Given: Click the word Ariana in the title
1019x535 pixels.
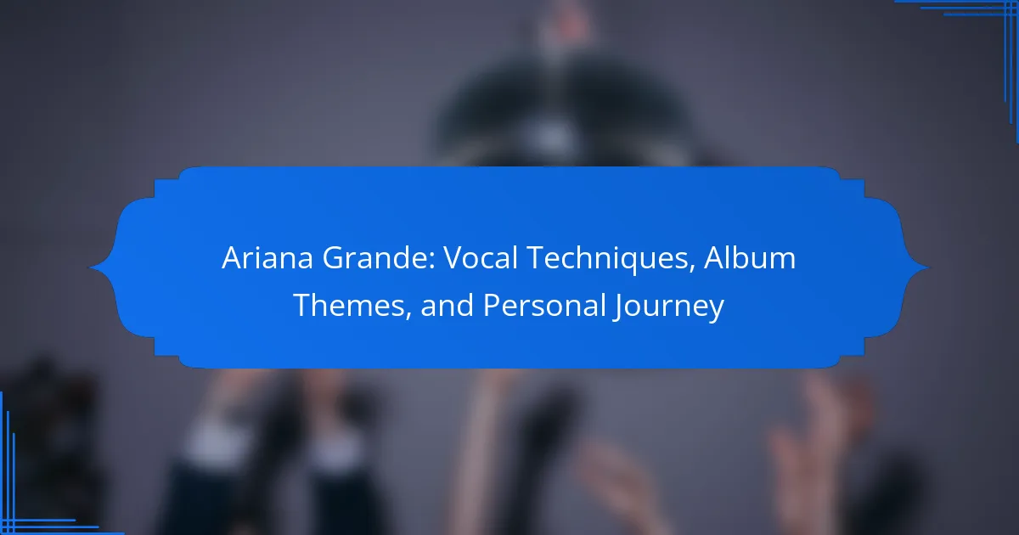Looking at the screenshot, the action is point(267,258).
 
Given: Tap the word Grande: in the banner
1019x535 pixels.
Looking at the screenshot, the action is point(380,258).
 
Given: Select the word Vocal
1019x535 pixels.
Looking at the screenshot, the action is point(481,258).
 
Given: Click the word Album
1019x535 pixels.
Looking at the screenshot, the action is point(750,258).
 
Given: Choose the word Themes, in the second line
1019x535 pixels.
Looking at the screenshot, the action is point(352,306).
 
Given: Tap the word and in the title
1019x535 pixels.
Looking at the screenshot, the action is point(448,305).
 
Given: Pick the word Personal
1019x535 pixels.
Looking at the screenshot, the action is point(543,305).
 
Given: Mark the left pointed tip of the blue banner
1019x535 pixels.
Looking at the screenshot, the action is point(90,267).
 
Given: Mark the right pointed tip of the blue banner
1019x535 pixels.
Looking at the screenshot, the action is point(928,267).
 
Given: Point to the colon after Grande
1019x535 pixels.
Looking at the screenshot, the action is point(432,262).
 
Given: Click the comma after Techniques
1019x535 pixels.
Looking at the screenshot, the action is point(692,269).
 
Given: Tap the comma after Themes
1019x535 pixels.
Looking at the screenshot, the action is point(408,317).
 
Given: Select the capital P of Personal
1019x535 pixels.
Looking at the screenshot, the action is point(492,306).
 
